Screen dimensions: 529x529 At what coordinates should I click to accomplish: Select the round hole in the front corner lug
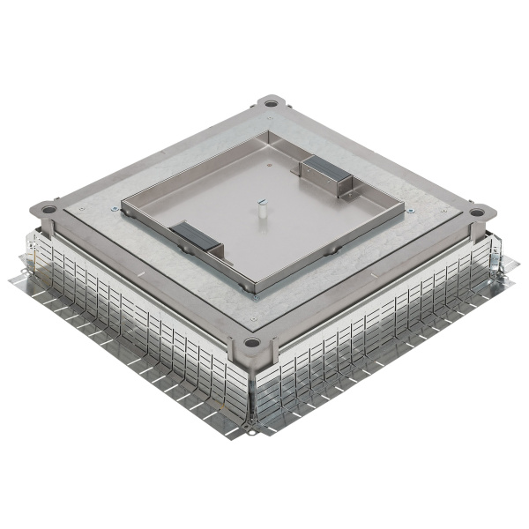coord(252,342)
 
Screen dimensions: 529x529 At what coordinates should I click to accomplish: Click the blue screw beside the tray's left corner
coord(115,209)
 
